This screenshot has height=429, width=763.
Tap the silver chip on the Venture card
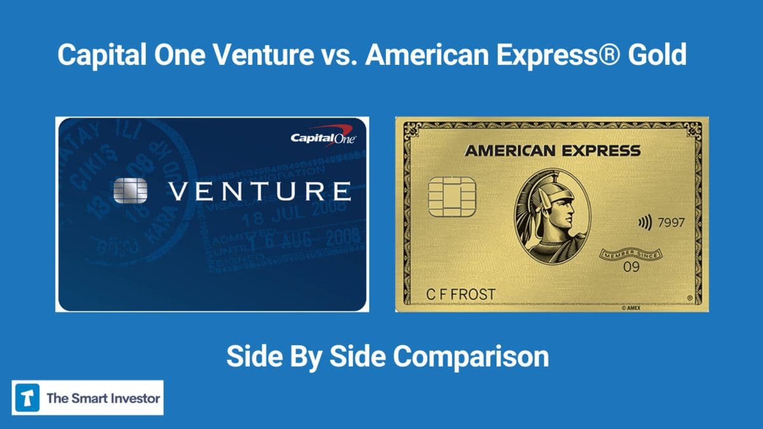pos(130,190)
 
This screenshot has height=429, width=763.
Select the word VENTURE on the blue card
pos(259,191)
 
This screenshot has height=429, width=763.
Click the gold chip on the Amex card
pos(451,197)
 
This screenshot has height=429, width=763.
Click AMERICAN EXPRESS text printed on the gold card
pos(552,151)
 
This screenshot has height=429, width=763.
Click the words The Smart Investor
pos(104,398)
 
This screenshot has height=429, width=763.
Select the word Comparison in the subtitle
pos(470,357)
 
